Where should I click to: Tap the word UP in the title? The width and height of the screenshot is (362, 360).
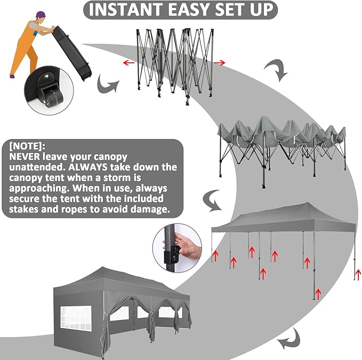[262, 10]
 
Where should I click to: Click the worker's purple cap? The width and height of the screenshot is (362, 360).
[41, 14]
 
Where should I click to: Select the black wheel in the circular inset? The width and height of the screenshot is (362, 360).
[54, 97]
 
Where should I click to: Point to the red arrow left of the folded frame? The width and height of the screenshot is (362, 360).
[128, 62]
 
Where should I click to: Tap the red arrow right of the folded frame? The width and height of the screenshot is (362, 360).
[219, 62]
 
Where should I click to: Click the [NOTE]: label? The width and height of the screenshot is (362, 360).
[27, 146]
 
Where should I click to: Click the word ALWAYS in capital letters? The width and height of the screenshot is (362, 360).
[88, 167]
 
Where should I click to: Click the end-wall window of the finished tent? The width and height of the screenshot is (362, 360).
[76, 317]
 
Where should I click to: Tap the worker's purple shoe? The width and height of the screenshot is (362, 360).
[12, 76]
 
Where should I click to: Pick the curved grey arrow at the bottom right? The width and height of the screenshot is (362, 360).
[289, 339]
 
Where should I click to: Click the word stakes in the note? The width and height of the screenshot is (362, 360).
[23, 209]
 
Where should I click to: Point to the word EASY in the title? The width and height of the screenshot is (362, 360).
[189, 10]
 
